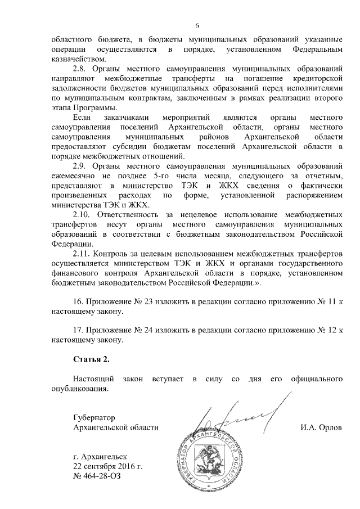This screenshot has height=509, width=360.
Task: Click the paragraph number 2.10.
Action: coord(84,215)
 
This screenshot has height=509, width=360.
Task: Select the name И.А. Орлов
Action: coord(321,427)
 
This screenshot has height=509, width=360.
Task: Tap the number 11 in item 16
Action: coord(331,301)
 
